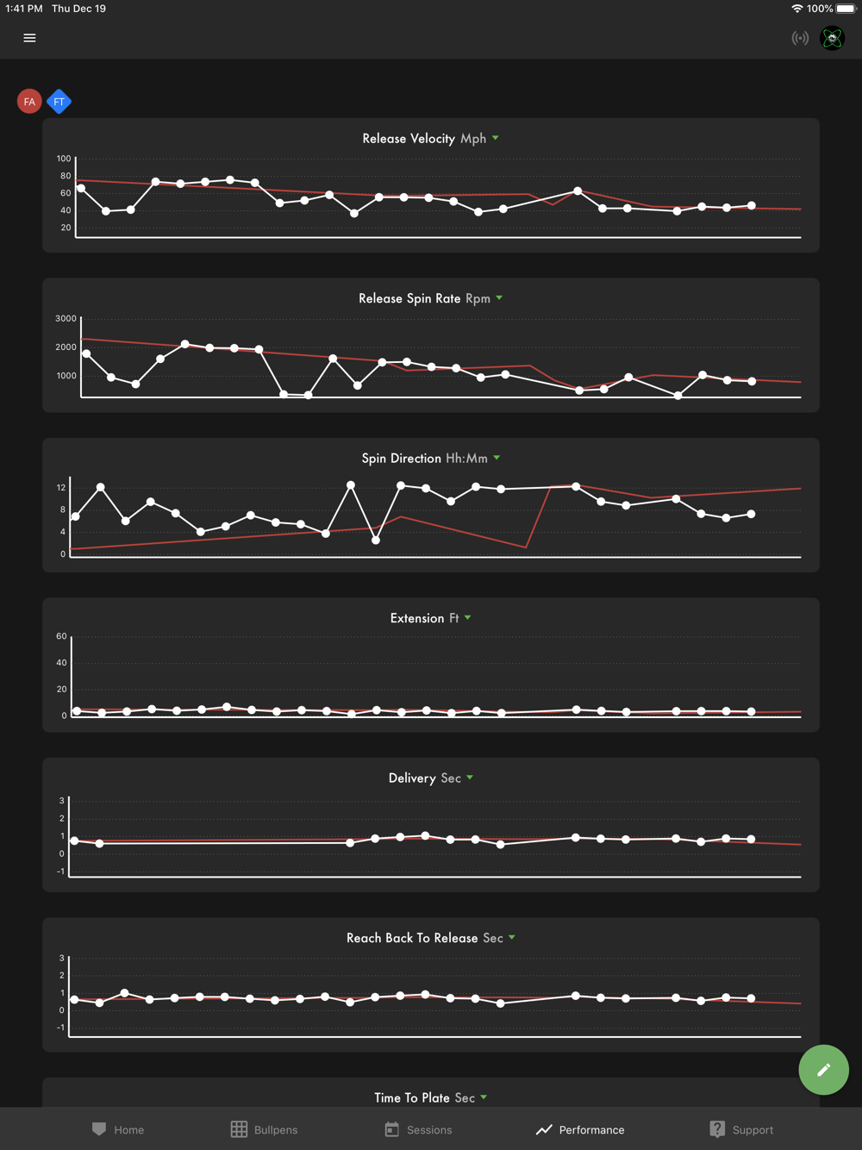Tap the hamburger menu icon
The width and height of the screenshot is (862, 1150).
29,38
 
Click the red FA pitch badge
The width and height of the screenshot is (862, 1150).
29,102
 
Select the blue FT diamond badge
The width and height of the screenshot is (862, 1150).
59,102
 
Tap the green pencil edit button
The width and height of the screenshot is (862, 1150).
823,1070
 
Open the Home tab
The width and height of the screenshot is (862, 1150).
118,1129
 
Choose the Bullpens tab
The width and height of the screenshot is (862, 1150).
265,1129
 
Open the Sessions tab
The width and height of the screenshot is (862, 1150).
418,1129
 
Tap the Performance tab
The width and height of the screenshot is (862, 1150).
580,1129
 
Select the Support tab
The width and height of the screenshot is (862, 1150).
741,1129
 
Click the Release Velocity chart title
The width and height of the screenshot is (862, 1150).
409,139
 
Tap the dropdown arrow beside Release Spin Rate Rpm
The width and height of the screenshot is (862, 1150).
499,298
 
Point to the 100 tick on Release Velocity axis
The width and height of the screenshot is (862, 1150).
64,159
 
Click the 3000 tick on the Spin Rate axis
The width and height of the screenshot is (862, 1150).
66,319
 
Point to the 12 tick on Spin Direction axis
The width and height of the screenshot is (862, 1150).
61,488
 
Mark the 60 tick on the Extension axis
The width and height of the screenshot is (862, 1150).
61,636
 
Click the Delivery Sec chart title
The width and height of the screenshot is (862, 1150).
425,778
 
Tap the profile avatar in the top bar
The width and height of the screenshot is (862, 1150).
832,38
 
